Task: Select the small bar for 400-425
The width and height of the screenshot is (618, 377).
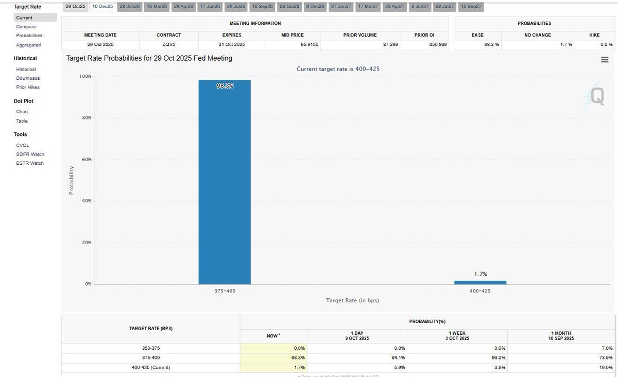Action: (480, 282)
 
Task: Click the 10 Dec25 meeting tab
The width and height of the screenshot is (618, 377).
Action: (102, 7)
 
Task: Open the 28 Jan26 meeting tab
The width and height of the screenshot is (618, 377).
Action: (129, 7)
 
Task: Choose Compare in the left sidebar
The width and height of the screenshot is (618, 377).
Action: (26, 26)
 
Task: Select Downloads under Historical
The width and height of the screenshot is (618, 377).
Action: (28, 78)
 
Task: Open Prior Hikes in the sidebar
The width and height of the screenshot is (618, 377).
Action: (28, 87)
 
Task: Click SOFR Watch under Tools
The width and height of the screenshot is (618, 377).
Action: (30, 154)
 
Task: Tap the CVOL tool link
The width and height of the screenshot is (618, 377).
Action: (22, 145)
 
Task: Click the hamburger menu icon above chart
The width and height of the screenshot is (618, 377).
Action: (605, 60)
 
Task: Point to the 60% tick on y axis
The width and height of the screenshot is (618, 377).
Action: (85, 160)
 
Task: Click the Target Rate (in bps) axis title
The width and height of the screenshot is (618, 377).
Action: (352, 300)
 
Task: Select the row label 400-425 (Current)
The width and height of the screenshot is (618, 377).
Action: (151, 367)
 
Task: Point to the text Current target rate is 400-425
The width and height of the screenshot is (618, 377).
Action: (338, 68)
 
